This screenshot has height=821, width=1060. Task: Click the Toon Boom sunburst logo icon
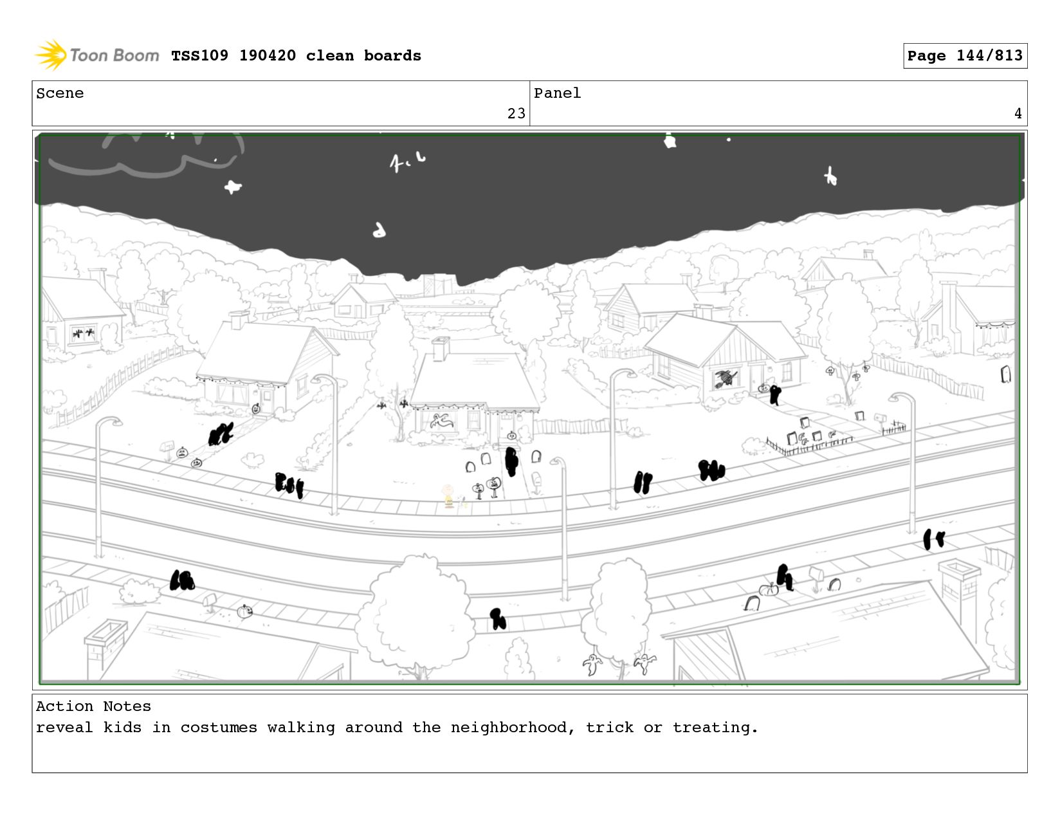point(51,55)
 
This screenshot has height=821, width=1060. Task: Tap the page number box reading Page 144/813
point(964,55)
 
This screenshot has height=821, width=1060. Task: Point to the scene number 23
point(516,114)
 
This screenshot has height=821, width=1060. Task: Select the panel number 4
point(1018,114)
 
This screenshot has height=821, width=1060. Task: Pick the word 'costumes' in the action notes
point(219,728)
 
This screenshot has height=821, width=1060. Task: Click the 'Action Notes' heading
point(93,706)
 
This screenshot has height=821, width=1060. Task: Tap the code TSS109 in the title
point(199,55)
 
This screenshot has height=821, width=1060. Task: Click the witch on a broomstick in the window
point(726,378)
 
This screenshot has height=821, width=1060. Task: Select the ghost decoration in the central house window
point(441,420)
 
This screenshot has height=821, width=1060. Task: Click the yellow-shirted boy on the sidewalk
point(448,495)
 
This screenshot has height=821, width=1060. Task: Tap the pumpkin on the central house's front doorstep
point(511,435)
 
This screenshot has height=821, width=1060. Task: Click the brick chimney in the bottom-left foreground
point(105,648)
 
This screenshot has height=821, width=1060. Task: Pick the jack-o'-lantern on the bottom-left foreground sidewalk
point(244,611)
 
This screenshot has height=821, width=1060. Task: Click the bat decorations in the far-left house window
point(84,334)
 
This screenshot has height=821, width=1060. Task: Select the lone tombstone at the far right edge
point(1005,374)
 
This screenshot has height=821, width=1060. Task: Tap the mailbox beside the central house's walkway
point(536,481)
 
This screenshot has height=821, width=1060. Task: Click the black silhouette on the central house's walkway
point(511,461)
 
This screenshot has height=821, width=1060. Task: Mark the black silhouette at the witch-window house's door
point(774,394)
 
